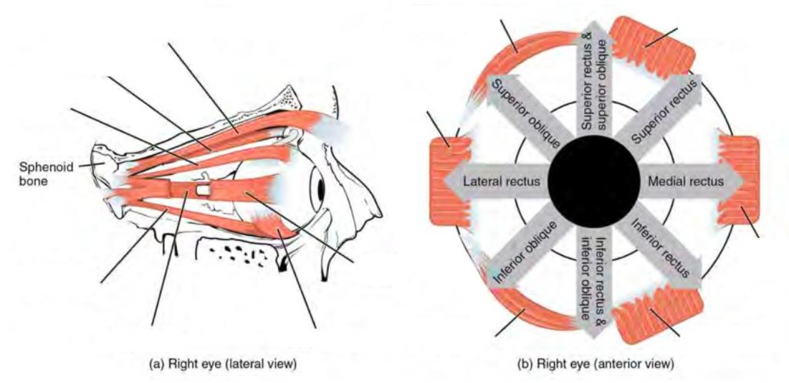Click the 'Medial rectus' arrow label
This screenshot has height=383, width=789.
pyautogui.click(x=687, y=182)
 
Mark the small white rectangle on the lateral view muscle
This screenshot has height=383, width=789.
pyautogui.click(x=203, y=189)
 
